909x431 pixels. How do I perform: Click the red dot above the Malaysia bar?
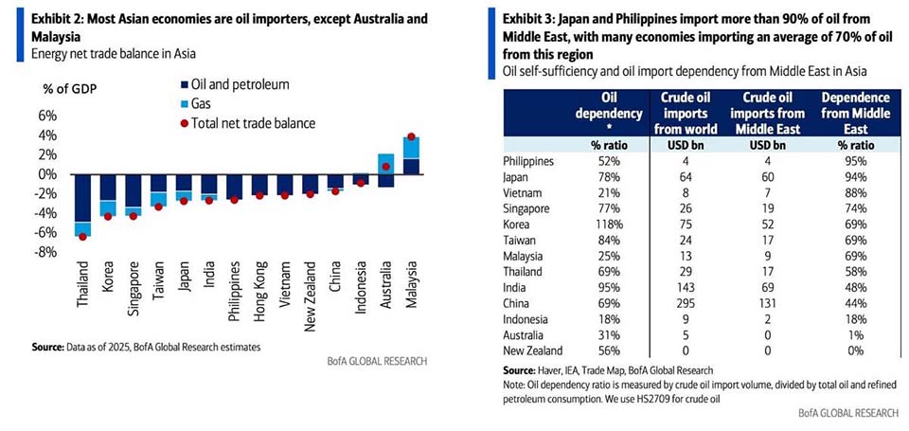[411, 136]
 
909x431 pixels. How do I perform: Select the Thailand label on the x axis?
[83, 284]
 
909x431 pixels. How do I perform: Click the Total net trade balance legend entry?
[251, 122]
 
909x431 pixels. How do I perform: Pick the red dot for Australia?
[386, 167]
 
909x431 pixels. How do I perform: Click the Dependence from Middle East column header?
[856, 115]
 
